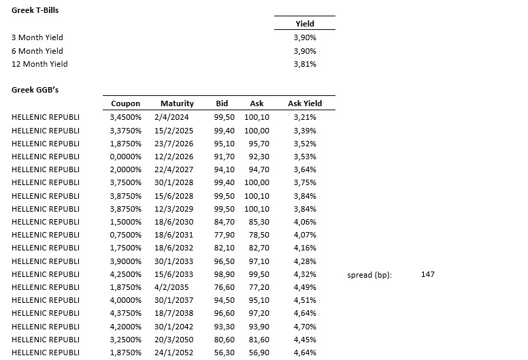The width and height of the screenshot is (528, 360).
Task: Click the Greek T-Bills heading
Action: pyautogui.click(x=35, y=11)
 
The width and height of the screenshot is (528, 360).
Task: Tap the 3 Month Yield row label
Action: pyautogui.click(x=37, y=37)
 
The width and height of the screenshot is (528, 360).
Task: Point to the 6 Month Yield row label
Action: pyautogui.click(x=37, y=51)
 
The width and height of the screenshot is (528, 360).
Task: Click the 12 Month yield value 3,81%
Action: pyautogui.click(x=305, y=64)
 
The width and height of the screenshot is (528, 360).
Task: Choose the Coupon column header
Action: pyautogui.click(x=125, y=103)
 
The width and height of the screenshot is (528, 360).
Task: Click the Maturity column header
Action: pyautogui.click(x=177, y=103)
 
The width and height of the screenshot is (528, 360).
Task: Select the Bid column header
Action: pyautogui.click(x=222, y=103)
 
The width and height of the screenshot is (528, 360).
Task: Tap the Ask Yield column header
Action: pyautogui.click(x=305, y=103)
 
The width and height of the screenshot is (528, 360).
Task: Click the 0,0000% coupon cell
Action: pyautogui.click(x=125, y=157)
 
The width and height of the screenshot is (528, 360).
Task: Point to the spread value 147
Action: pyautogui.click(x=428, y=274)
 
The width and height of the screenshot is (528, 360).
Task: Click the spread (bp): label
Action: pyautogui.click(x=369, y=275)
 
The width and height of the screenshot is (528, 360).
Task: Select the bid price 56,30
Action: pyautogui.click(x=224, y=353)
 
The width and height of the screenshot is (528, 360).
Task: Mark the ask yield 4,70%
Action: pyautogui.click(x=305, y=326)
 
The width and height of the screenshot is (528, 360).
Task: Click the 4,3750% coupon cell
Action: pyautogui.click(x=125, y=313)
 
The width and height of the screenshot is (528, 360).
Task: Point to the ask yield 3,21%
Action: pyautogui.click(x=305, y=117)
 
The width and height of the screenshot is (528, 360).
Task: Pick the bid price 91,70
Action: pyautogui.click(x=224, y=157)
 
